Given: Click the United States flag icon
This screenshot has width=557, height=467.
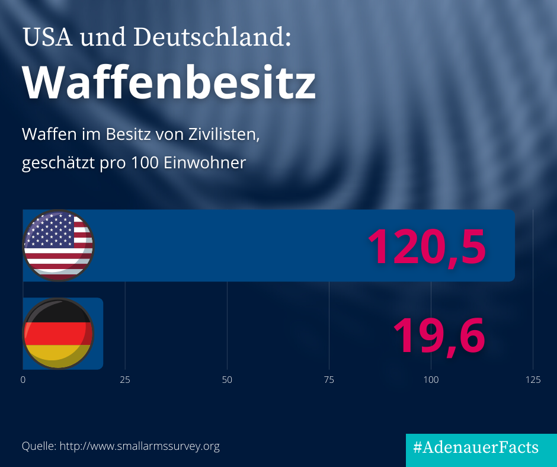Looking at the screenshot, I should tap(58, 245).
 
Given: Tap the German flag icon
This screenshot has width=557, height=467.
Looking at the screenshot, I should tap(58, 334).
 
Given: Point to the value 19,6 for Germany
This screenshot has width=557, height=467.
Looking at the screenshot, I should tap(438, 335).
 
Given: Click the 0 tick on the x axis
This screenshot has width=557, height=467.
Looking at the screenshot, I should tap(23, 380).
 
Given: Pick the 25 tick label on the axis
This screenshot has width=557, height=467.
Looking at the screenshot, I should tap(125, 380).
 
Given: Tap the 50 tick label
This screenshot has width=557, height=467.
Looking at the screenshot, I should tap(227, 380).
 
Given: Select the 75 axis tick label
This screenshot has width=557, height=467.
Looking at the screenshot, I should tap(329, 380).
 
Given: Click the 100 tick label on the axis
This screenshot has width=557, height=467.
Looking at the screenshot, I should tap(431, 380).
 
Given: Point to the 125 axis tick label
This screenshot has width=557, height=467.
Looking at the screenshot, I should tap(533, 380).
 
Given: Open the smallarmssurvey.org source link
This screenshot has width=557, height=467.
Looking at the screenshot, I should tap(140, 446).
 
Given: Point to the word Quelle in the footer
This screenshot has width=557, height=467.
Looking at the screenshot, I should tap(39, 446).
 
